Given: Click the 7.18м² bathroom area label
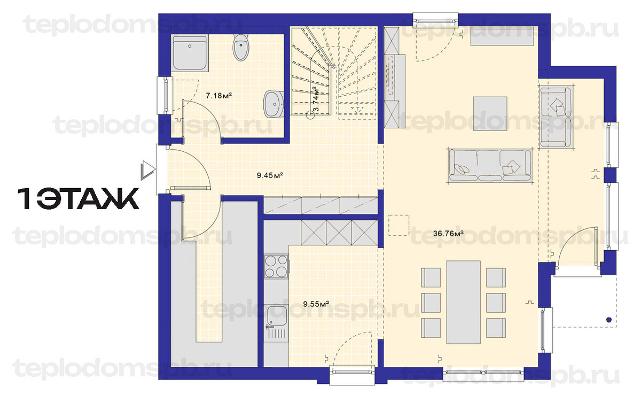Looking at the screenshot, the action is pos(218,96).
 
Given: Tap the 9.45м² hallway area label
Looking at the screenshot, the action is pos(270,175).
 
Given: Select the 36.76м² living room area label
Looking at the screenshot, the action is pos(448,234).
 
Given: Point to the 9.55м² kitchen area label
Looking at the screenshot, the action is pos(316,304).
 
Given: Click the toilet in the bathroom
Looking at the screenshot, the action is pos(241,48).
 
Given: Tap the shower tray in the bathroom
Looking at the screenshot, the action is pos(190,53).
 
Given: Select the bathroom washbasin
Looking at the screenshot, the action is pos(274,104).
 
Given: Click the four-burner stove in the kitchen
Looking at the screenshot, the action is pos(276,266).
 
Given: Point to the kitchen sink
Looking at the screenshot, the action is pos(276,322).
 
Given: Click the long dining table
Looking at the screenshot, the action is pos(463,302).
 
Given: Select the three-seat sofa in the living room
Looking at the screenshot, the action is pos(490,166).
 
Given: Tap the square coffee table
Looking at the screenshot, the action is pos(490,114).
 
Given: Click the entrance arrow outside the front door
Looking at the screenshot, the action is pos(148,171).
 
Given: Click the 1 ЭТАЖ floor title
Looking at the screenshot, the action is pos(79,198).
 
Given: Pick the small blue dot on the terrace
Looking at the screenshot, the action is pos(608,320).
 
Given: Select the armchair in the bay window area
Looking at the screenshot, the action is pos(556,118).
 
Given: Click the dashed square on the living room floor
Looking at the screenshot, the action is pos(398,225).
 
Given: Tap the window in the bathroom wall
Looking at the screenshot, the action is pos(165,95).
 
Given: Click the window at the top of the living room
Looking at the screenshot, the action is pos(435,20).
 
